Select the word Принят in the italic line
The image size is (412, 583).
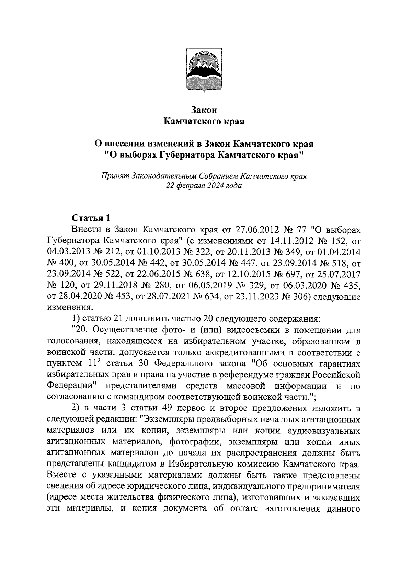[115, 176]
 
